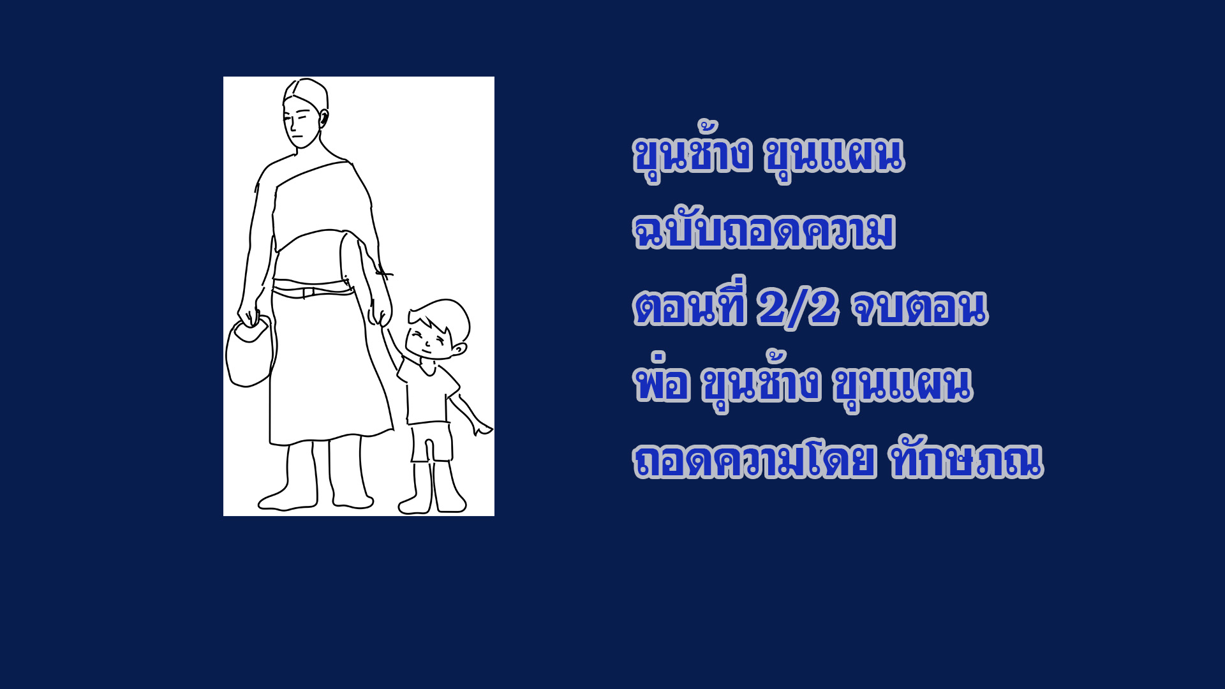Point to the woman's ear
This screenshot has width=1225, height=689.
pyautogui.click(x=323, y=119)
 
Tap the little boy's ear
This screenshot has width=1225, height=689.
pyautogui.click(x=459, y=348)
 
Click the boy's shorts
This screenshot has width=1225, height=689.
pyautogui.click(x=431, y=441)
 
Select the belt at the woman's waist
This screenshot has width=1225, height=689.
pyautogui.click(x=313, y=292)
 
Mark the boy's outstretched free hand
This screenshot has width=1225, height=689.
pyautogui.click(x=482, y=427)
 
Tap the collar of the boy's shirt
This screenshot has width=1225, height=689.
pyautogui.click(x=427, y=367)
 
